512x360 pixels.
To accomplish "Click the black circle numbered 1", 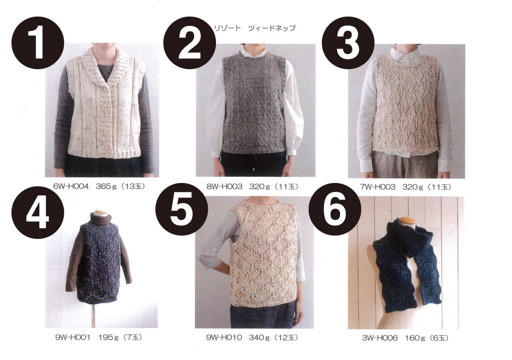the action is (x=38, y=43).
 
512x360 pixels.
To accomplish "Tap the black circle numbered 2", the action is (x=189, y=43).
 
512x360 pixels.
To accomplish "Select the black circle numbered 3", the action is (x=348, y=43).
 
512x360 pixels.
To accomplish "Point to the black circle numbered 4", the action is (x=38, y=212).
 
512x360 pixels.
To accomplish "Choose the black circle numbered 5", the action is (x=182, y=209).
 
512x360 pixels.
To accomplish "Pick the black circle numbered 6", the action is (x=335, y=209).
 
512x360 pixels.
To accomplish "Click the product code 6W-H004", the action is (x=71, y=186).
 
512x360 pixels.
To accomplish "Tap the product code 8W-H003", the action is (x=224, y=186).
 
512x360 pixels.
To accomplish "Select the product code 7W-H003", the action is (x=378, y=187).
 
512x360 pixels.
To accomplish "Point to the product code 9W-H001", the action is (x=73, y=337).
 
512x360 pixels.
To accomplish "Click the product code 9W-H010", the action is (x=224, y=337).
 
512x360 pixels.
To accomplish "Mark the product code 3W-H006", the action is (x=380, y=338).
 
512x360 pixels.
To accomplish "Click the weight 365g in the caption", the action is (x=106, y=186).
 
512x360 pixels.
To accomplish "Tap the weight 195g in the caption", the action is (x=108, y=337).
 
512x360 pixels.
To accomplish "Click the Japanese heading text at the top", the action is (x=255, y=28).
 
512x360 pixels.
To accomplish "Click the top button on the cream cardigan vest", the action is (x=107, y=111).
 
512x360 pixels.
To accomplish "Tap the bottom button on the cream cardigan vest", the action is (x=108, y=152).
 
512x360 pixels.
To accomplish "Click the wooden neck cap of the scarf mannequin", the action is (x=407, y=221).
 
